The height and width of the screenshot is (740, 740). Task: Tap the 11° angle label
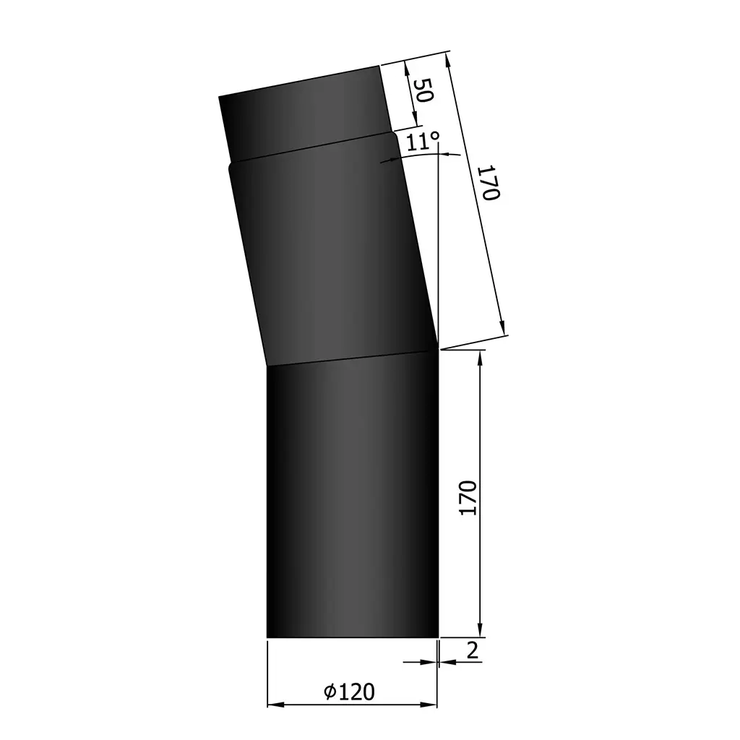click(x=423, y=141)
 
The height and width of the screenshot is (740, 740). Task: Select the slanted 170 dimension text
click(x=489, y=184)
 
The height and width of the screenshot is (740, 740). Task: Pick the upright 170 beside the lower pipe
click(x=468, y=497)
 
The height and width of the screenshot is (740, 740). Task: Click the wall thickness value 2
click(x=473, y=650)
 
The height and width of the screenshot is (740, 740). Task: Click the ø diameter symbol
click(x=330, y=692)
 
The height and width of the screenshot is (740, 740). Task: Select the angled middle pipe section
click(x=332, y=260)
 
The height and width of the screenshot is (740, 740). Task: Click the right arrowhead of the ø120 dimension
click(x=434, y=704)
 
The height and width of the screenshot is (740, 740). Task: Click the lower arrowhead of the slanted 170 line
click(x=504, y=331)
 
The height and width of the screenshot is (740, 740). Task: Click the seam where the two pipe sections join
click(x=353, y=359)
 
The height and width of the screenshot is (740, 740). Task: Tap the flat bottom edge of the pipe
click(x=353, y=637)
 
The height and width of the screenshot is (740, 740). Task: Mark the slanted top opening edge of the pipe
click(x=299, y=81)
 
